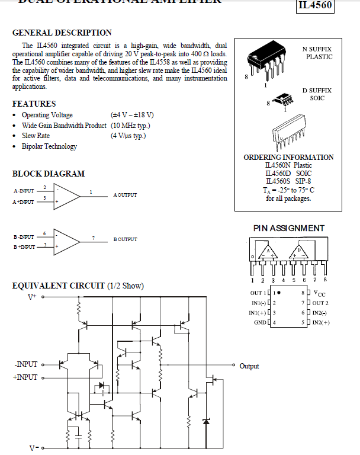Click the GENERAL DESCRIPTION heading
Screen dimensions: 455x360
point(62,33)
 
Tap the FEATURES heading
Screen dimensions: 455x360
point(34,104)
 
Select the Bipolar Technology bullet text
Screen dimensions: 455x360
point(49,146)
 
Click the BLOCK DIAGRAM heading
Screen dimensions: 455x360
point(48,174)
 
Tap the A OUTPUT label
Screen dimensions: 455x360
point(125,195)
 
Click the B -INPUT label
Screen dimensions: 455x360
point(24,236)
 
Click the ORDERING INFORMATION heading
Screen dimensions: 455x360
point(288,158)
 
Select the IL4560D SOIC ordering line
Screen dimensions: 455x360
point(288,173)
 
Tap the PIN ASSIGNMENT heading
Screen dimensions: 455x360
point(288,228)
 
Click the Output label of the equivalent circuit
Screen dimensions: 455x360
point(249,366)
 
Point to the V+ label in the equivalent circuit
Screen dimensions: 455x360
point(32,296)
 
